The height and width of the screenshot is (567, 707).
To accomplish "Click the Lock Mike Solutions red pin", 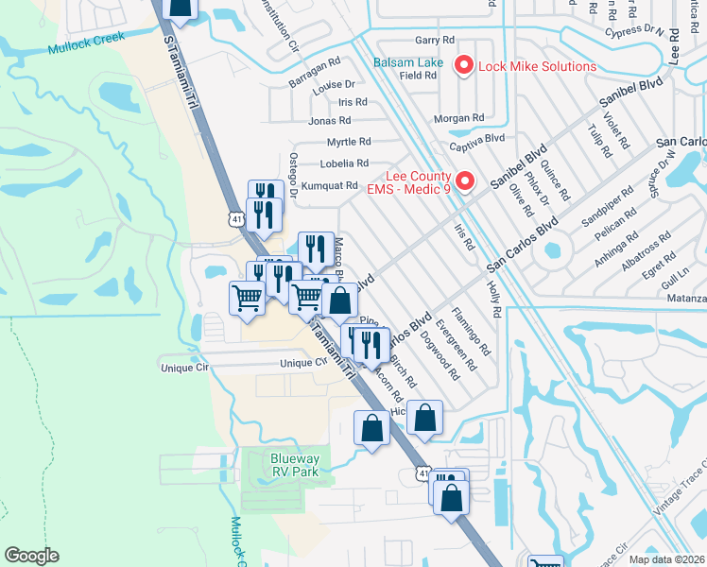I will [463, 65].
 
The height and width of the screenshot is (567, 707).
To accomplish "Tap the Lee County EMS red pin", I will [464, 180].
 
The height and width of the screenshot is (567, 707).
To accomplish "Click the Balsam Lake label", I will [406, 60].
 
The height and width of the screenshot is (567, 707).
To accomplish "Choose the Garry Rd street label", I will [435, 41].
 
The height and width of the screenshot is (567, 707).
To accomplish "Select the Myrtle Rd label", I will [349, 142].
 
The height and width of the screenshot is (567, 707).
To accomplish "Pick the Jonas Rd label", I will [329, 121].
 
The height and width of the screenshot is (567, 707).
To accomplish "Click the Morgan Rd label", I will [458, 118].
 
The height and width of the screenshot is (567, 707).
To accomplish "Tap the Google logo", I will [31, 556].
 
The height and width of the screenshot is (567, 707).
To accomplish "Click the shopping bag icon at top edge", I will [180, 8].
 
